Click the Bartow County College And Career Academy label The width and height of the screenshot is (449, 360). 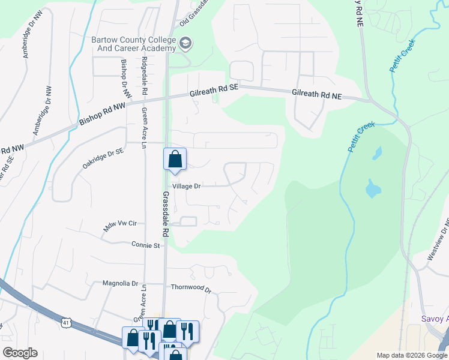click(133, 44)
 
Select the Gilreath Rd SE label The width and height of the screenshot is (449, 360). click(214, 89)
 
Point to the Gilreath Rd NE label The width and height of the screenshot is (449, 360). click(316, 94)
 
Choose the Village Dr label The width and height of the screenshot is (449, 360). click(186, 187)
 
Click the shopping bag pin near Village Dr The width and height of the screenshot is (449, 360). click(175, 160)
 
